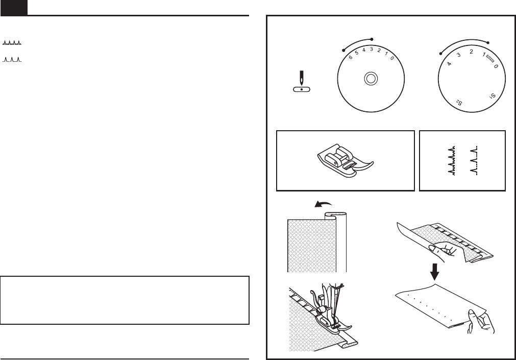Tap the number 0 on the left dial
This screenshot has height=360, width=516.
(391, 59)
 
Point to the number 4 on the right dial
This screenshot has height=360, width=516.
(450, 64)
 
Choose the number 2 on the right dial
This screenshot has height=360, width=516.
(472, 52)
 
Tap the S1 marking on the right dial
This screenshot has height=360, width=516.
(493, 95)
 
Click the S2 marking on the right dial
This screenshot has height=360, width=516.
(458, 103)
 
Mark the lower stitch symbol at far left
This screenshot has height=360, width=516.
(12, 60)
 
